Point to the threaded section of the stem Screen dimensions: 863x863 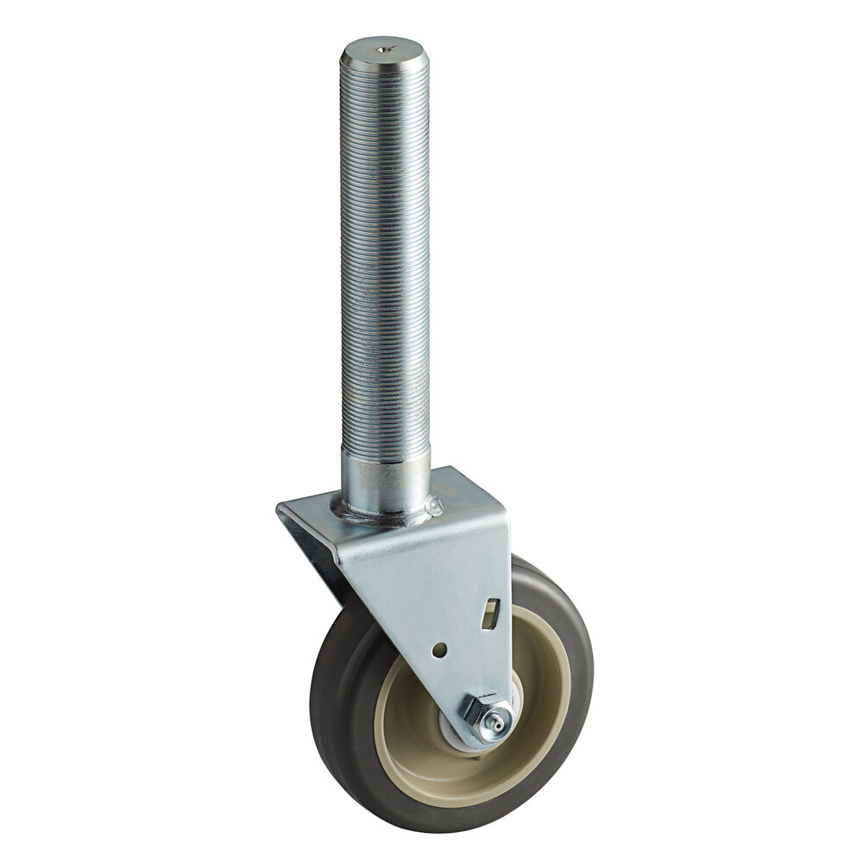tap(384, 259)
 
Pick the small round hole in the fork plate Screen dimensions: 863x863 tap(441, 646)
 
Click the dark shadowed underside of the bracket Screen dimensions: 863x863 tap(324, 570)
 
